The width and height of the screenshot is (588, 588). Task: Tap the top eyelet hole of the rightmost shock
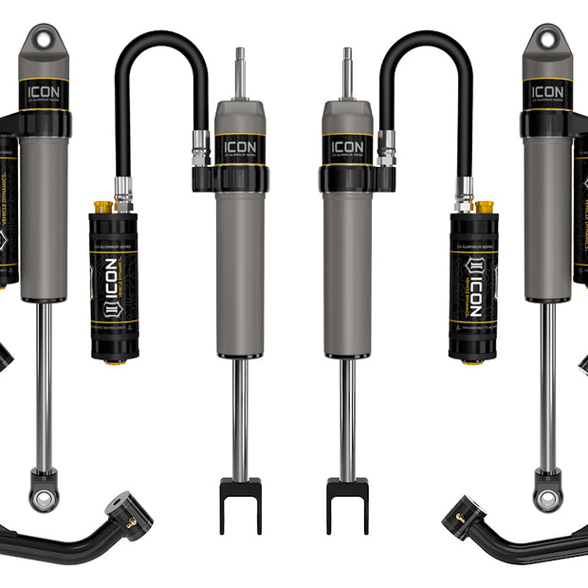pos(546,40)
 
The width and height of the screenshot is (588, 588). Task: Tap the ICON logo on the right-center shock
pos(347,148)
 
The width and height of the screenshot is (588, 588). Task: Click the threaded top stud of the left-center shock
pos(240,71)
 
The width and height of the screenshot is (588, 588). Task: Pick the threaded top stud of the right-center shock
pos(347,71)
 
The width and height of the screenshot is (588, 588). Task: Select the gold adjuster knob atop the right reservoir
pos(485,206)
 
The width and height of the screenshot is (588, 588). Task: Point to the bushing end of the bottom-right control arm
pos(459,513)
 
